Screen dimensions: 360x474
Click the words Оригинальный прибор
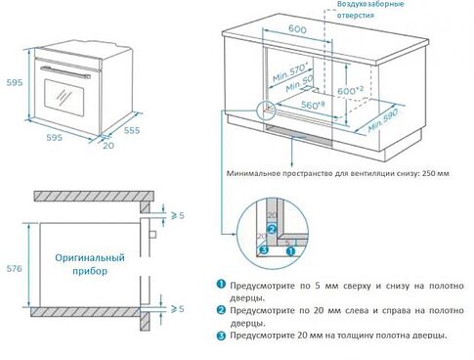click(x=89, y=264)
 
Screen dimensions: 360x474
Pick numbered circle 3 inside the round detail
click(x=262, y=249)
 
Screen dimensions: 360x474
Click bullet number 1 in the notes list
click(x=221, y=284)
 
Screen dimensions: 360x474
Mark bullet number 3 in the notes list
click(x=221, y=336)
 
